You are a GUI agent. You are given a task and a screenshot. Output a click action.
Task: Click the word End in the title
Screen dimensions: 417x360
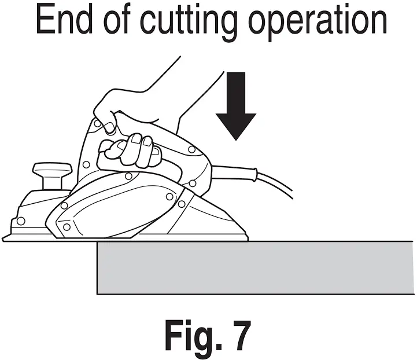[68, 21]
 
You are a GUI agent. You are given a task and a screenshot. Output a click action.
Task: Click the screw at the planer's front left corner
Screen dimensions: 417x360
[21, 221]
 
